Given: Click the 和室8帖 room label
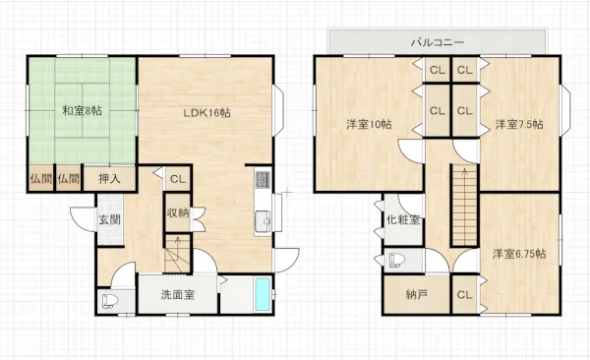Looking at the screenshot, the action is point(82,111).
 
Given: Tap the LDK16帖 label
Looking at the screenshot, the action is point(206,113).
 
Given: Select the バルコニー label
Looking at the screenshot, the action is point(438,42).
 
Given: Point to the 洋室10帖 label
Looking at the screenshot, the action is point(369,124).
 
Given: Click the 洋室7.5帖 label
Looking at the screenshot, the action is point(519,124).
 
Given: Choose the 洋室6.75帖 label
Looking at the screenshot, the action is point(519,254).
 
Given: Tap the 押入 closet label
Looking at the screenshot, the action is point(109,178).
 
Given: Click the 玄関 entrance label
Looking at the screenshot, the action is point(109,219).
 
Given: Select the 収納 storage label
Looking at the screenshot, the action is point(178,213).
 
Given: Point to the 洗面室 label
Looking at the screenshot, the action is point(178,294).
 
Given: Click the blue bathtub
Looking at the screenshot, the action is point(263,295).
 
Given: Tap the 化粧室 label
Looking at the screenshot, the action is point(403,219).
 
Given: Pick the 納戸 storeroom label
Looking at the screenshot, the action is point(417,294).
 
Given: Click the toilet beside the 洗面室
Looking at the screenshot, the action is point(109,301).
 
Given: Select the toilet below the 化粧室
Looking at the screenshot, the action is point(396,261).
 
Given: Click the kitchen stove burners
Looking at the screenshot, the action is point(263,180).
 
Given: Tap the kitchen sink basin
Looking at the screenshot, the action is point(263,221).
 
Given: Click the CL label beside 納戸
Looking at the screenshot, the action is point(464,294).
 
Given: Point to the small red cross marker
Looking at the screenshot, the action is point(287,193).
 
